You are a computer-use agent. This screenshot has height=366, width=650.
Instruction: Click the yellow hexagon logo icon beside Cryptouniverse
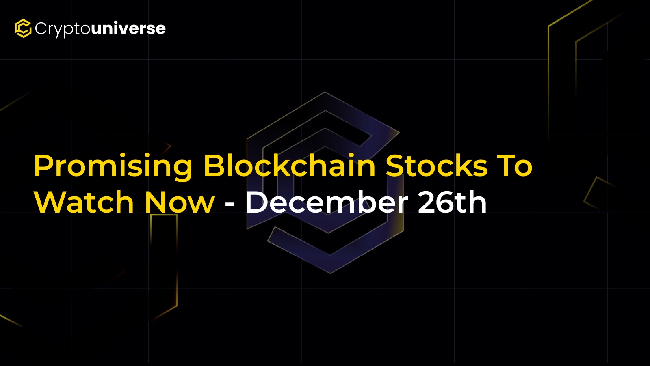coord(23,28)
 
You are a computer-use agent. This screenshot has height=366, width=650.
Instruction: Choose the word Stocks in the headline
coord(436,166)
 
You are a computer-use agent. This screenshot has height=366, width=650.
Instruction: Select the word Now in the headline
coord(180,202)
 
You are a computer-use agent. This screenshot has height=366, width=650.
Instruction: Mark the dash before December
coord(230,205)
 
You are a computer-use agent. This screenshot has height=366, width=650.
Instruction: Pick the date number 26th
coord(452,202)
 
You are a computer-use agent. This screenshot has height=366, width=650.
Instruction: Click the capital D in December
coord(258,202)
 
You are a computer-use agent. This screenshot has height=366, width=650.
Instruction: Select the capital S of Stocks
coord(395,166)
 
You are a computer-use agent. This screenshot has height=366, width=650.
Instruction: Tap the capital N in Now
coord(156,202)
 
